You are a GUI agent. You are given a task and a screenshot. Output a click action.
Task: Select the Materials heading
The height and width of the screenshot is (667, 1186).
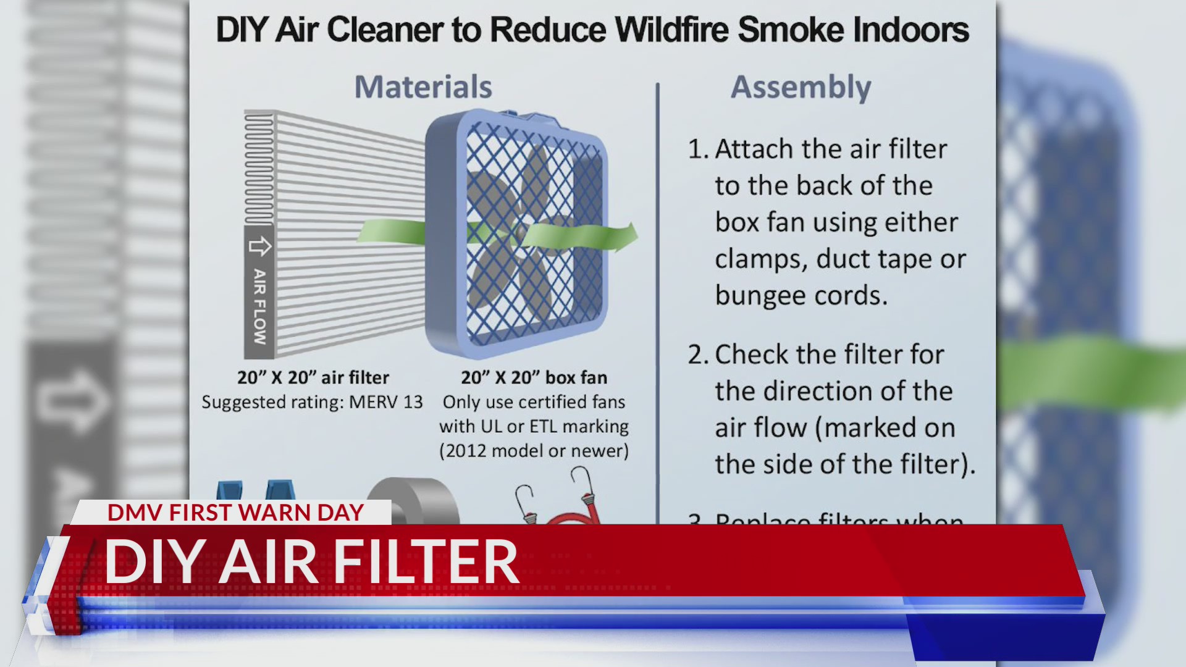[423, 87]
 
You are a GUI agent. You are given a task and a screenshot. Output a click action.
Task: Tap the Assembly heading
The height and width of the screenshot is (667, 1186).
[801, 87]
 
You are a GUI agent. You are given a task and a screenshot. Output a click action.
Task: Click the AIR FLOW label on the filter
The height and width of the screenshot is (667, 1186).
[259, 306]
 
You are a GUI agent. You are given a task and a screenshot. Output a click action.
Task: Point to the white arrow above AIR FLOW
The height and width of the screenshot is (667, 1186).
[259, 246]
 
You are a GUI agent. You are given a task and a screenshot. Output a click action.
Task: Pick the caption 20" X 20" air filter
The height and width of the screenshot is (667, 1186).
[313, 377]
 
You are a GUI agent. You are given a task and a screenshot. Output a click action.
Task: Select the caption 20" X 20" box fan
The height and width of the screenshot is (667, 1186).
[534, 377]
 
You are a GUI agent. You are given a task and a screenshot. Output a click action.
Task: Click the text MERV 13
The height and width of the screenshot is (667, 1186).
[385, 402]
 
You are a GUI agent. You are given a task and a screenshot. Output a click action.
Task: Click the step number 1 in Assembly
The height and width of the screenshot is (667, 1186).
[697, 149]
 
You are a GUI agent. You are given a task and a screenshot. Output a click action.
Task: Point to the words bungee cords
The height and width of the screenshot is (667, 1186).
[801, 296]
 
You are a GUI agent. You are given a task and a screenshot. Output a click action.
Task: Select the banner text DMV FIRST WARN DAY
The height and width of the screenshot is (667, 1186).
[235, 513]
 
